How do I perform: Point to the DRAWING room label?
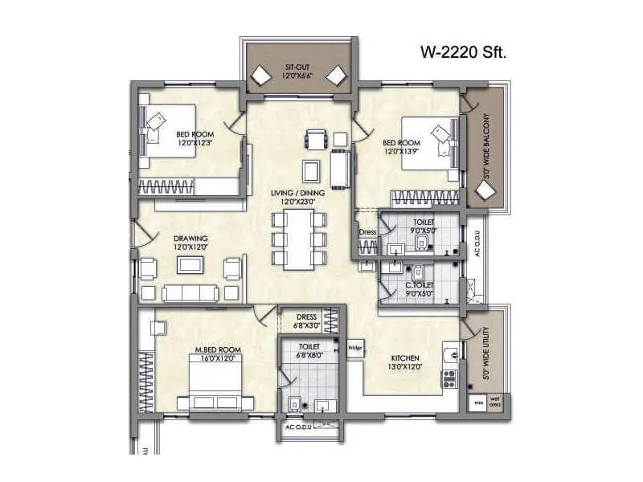coord(190,239)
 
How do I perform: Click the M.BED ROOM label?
coord(218,349)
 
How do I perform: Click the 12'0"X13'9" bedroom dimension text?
coord(403,151)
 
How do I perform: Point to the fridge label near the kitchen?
coord(354,348)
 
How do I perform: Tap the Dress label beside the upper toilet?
coord(367,233)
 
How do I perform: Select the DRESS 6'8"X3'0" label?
coord(306,321)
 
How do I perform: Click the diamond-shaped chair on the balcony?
coord(485,191)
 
